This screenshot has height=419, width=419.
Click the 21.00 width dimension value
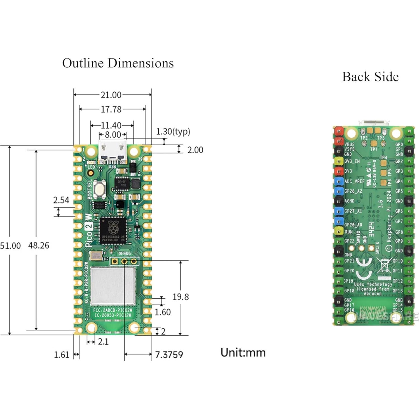[x=111, y=95]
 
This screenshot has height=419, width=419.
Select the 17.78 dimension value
[x=111, y=109]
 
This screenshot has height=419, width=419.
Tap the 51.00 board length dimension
[x=10, y=246]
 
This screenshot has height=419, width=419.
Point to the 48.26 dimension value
[x=39, y=245]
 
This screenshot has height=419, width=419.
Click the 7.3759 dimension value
[x=169, y=355]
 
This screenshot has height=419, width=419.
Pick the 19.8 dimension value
[x=181, y=297]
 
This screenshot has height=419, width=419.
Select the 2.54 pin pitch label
[x=61, y=200]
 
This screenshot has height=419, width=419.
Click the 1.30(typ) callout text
[x=173, y=131]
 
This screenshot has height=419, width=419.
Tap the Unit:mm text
[x=243, y=352]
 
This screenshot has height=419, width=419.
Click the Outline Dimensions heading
[x=118, y=63]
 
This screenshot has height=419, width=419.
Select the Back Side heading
[x=370, y=77]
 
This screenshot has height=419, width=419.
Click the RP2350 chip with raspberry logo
[x=113, y=230]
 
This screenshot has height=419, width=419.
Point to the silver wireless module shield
[x=113, y=285]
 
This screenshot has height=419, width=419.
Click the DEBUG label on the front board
[x=125, y=253]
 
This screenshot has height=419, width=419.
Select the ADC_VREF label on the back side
[x=354, y=181]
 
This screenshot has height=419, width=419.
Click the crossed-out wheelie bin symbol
[x=384, y=266]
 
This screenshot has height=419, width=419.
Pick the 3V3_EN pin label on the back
[x=352, y=161]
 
